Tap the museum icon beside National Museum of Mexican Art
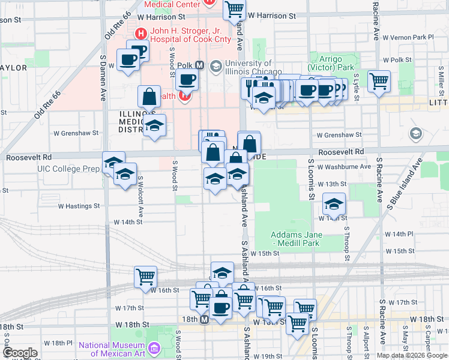click(154, 347)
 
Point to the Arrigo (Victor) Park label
click(334, 64)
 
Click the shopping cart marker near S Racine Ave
click(379, 80)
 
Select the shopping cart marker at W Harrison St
click(234, 9)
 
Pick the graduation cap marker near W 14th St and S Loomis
click(334, 204)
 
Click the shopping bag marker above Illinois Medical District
click(148, 96)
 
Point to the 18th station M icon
click(204, 320)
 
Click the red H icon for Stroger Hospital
click(141, 34)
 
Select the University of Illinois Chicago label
click(247, 68)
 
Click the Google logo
click(20, 353)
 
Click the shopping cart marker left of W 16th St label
click(145, 277)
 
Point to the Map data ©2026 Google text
click(412, 355)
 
